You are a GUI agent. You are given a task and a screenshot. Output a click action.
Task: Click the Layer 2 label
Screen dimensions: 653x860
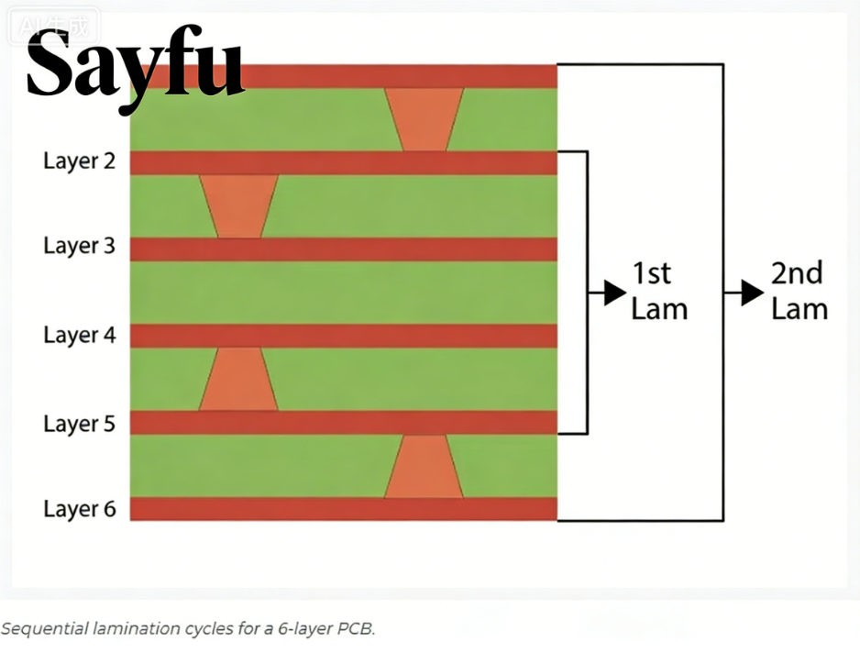tap(80, 161)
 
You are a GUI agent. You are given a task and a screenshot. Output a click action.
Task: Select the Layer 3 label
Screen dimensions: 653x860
tap(80, 247)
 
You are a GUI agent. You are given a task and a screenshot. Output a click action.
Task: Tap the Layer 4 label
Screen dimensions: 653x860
tap(80, 335)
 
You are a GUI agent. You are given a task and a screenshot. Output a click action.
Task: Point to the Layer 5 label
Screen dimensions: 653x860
tap(80, 424)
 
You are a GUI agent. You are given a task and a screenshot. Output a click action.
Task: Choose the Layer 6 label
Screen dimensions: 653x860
tap(80, 509)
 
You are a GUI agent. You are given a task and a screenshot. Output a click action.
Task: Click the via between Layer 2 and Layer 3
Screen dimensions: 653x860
tap(238, 206)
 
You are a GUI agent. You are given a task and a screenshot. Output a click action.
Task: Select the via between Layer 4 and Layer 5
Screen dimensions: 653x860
tap(238, 379)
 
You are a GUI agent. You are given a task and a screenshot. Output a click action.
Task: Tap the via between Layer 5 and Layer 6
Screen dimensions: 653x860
tap(424, 467)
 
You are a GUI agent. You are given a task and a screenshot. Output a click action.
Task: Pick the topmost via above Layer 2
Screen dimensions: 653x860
tap(424, 119)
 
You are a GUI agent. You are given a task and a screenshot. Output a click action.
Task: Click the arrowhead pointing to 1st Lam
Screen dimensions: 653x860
tap(615, 293)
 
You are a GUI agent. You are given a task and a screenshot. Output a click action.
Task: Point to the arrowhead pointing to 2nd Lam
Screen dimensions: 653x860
tap(752, 293)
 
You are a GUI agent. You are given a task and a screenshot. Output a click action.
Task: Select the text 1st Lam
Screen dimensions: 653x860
tap(659, 291)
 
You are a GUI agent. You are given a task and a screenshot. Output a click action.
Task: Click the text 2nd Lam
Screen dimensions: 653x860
tap(799, 291)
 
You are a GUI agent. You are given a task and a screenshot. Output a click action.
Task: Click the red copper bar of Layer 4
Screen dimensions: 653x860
tap(344, 336)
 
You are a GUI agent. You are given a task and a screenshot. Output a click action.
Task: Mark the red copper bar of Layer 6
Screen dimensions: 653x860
tap(344, 509)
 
